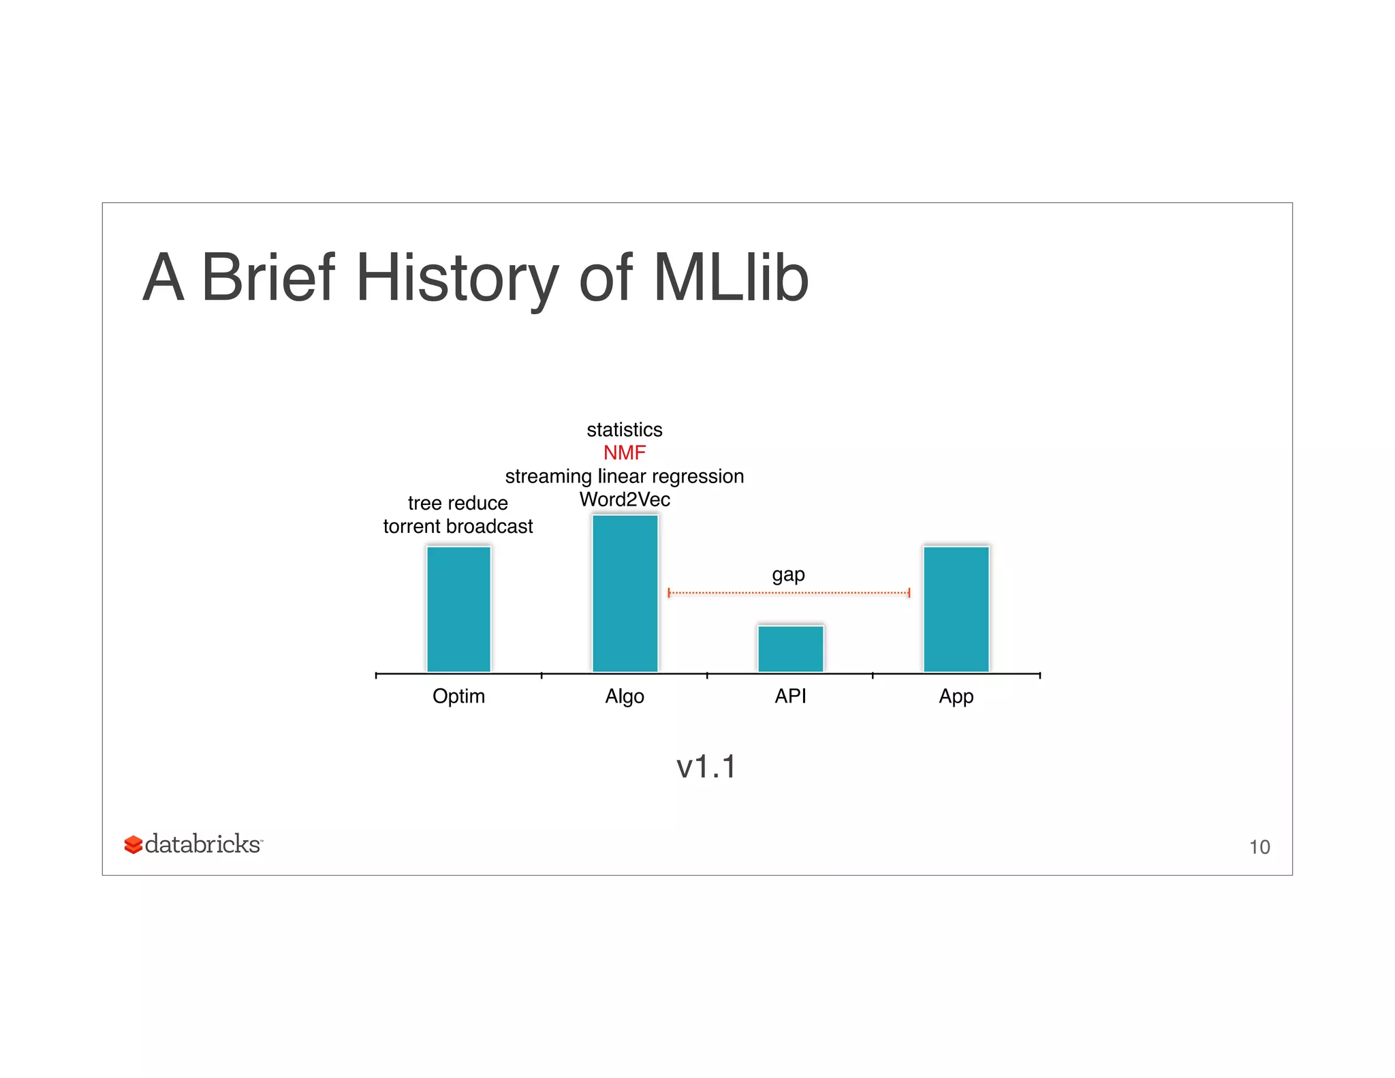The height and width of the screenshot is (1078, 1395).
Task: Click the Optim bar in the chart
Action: point(458,609)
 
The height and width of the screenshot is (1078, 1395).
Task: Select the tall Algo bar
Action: point(625,593)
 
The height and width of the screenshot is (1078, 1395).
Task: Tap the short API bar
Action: point(790,648)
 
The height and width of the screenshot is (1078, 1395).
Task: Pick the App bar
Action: point(956,609)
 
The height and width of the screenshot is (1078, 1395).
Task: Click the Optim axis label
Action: point(458,696)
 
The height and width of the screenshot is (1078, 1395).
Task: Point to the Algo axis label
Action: point(625,696)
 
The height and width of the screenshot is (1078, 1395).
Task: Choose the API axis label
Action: point(790,696)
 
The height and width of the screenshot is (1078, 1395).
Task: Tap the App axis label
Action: point(956,696)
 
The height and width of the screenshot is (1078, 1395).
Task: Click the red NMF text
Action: point(625,452)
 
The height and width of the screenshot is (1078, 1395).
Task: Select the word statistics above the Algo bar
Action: point(625,430)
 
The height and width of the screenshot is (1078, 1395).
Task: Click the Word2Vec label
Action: point(625,499)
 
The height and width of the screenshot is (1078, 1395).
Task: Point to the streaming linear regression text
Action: point(625,476)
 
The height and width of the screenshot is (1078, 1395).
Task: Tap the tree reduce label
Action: point(458,503)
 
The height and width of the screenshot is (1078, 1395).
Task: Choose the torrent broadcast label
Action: point(458,526)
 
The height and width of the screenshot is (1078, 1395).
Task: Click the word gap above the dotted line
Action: point(788,575)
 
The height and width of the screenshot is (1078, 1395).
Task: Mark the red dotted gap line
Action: point(789,593)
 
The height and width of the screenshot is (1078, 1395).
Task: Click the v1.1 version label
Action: point(706,767)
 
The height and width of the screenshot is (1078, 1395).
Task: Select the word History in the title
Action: point(457,277)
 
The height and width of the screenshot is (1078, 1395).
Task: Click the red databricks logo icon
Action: point(134,845)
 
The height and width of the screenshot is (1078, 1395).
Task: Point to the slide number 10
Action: point(1259,847)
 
